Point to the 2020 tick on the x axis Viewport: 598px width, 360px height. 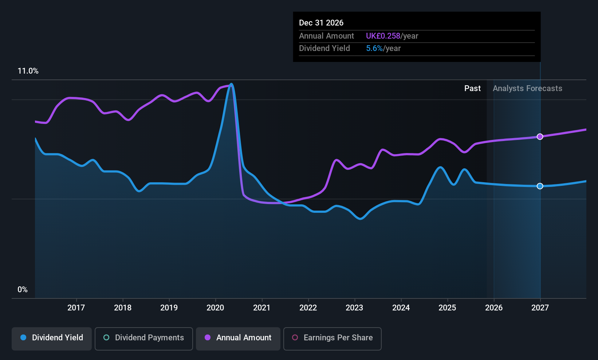pyautogui.click(x=215, y=308)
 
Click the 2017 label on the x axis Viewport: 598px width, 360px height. pyautogui.click(x=76, y=308)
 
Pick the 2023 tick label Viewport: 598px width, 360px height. pyautogui.click(x=354, y=308)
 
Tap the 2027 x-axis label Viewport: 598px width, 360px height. pyautogui.click(x=540, y=308)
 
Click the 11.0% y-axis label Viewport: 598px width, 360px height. pyautogui.click(x=28, y=71)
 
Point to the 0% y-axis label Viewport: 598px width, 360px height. pyautogui.click(x=23, y=290)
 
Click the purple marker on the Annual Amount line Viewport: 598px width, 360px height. pyautogui.click(x=540, y=137)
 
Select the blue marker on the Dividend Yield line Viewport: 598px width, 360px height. pyautogui.click(x=540, y=186)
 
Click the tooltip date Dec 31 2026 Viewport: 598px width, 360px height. pyautogui.click(x=321, y=23)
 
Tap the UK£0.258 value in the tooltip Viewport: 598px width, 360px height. pyautogui.click(x=383, y=36)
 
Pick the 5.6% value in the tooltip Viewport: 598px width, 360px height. pyautogui.click(x=374, y=48)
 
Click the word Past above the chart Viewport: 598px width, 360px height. pyautogui.click(x=472, y=89)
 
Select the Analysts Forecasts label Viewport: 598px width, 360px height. pyautogui.click(x=527, y=89)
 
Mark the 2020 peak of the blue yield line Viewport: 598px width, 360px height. pyautogui.click(x=231, y=84)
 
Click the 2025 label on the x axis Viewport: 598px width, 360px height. pyautogui.click(x=447, y=308)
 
